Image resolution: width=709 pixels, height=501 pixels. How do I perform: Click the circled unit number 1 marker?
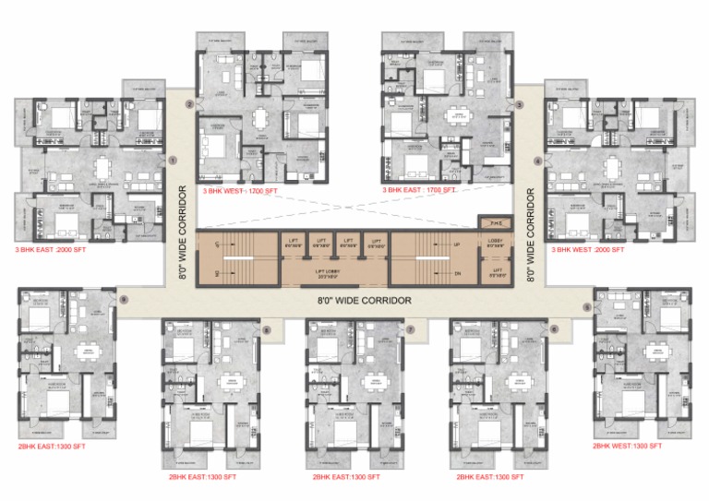173,160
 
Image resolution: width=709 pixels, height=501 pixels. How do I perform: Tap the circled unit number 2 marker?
188,105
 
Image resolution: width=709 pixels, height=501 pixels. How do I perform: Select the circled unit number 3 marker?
520,105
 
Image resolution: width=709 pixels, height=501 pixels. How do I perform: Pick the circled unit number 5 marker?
586,305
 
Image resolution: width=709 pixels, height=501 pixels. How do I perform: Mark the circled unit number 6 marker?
554,328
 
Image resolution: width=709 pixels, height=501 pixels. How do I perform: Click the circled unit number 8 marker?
267,328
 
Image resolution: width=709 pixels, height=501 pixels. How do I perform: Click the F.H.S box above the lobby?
496,222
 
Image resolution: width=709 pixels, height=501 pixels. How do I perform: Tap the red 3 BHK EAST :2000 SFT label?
50,249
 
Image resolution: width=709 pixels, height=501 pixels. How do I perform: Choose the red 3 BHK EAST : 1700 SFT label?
419,189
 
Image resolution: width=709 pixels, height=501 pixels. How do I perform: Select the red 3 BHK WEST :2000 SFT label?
587,249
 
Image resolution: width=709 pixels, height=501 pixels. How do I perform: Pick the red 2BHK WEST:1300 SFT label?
628,446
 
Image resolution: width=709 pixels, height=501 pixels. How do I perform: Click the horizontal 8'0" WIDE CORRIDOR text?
363,300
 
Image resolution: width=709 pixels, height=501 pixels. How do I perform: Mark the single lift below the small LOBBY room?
496,272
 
